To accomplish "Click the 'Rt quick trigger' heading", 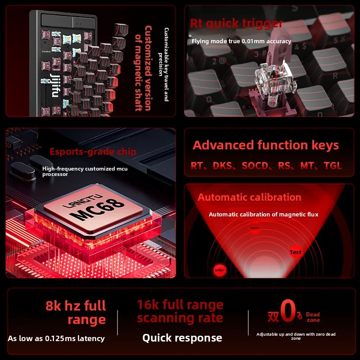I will point(236,23).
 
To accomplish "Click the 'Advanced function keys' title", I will point(265,145).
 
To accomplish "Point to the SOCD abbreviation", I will point(257,166).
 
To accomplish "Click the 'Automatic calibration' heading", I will point(249,197).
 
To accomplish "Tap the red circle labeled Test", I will point(296,252).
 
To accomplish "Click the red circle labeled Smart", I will point(219,270).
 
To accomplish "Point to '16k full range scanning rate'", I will point(180,311).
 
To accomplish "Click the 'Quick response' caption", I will point(182,338).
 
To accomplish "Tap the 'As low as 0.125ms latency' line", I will point(56,338).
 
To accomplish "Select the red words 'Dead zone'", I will point(313,317).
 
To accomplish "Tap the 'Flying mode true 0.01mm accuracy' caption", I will point(241,41).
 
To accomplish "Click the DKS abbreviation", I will point(223,166).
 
